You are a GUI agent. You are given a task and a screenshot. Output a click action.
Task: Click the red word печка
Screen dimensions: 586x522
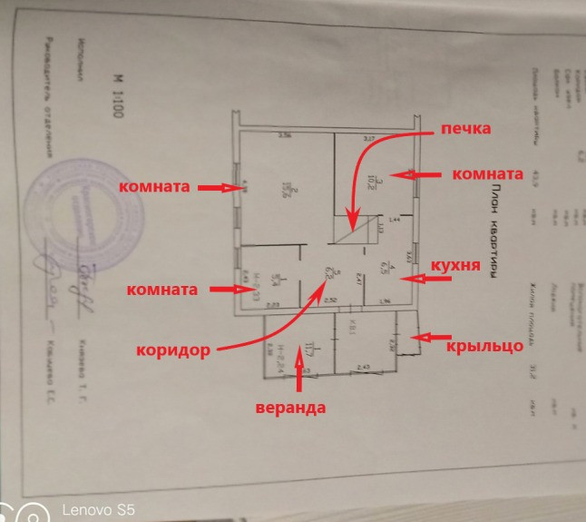click(x=465, y=130)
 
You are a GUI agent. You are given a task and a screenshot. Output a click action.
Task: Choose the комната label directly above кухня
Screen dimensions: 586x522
click(x=487, y=173)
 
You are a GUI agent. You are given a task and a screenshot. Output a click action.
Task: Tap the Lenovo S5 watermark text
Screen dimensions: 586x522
click(x=98, y=510)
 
